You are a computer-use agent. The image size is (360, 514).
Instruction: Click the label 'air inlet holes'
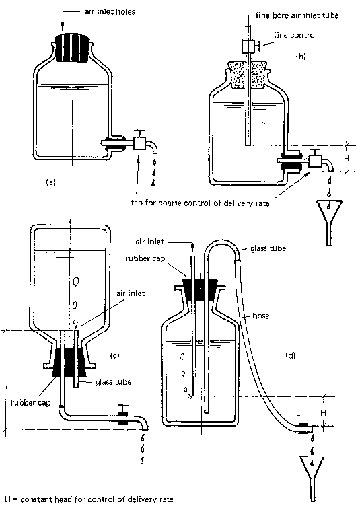pos(110,12)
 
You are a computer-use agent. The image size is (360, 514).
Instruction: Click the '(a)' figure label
pos(50,182)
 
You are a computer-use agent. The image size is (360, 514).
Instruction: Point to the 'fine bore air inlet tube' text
pos(297,15)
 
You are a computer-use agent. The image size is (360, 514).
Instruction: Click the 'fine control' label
pos(295,35)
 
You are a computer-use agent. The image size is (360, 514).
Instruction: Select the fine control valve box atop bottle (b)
pos(248,46)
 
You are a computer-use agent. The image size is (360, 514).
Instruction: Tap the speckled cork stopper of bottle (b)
pos(248,75)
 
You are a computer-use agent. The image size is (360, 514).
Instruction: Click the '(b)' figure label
pos(301,57)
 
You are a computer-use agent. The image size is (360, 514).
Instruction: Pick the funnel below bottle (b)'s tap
pos(329,223)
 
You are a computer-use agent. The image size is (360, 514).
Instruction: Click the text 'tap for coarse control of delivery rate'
pos(200,203)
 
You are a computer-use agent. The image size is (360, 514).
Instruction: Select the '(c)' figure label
pos(115,355)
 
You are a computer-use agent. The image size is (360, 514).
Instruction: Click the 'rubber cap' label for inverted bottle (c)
pos(31,402)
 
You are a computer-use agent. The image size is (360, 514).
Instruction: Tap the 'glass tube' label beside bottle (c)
pos(114,382)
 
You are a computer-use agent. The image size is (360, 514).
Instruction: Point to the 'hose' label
pos(261,316)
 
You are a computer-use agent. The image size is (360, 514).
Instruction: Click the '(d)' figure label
pos(291,355)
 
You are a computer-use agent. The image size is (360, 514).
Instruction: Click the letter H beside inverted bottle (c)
pos(5,389)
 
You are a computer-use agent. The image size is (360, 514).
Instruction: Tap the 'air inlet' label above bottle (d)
pos(150,242)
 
